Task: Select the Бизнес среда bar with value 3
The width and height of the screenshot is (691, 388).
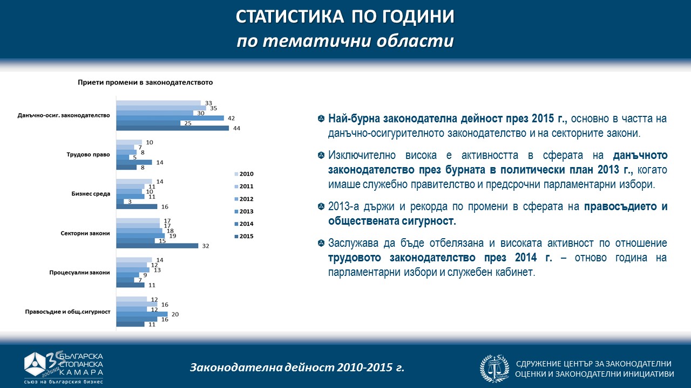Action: [120, 202]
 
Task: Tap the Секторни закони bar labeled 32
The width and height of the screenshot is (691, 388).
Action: [157, 246]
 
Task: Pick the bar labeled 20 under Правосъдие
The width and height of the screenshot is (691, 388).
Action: [142, 314]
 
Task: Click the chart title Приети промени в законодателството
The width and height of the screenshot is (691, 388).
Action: [145, 82]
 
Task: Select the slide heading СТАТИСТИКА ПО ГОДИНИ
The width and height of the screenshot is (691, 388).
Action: [345, 17]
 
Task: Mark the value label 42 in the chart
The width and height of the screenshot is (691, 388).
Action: [231, 118]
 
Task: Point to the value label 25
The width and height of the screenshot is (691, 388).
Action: [187, 123]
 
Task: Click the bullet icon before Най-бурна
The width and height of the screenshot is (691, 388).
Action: [321, 119]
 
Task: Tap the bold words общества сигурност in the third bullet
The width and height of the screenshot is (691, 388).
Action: [392, 221]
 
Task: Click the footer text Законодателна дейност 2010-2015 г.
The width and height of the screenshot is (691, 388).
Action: [297, 368]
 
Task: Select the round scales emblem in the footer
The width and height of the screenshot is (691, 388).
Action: [494, 368]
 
